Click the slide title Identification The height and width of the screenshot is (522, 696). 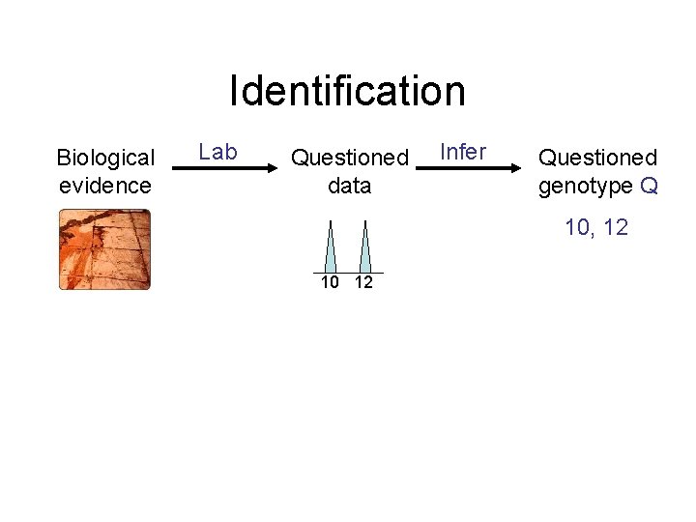click(347, 91)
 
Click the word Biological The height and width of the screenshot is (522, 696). click(105, 158)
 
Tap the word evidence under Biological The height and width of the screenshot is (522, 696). click(105, 185)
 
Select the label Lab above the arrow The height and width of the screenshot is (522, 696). click(217, 152)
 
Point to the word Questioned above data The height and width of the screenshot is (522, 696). click(350, 157)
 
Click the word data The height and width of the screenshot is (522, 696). click(350, 185)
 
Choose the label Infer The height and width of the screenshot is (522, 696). click(463, 152)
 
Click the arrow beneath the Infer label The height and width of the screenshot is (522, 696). click(472, 168)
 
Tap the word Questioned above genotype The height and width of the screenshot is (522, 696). click(597, 157)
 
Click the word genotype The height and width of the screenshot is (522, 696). click(586, 185)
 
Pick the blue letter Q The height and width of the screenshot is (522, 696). click(649, 185)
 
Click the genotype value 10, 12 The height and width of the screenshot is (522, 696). click(597, 227)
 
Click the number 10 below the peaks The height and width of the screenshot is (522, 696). click(331, 282)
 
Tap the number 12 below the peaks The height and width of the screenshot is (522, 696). click(363, 282)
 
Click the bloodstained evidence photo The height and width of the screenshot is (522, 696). click(105, 249)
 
